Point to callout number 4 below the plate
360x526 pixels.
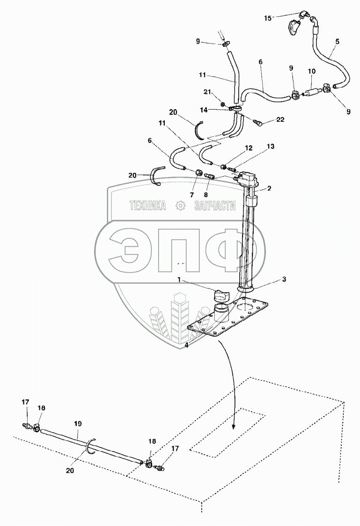click(x=187, y=346)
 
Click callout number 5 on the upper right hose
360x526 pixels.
click(x=337, y=41)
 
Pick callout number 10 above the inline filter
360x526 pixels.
click(x=312, y=71)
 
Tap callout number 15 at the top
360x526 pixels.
click(x=268, y=18)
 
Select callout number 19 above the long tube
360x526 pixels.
click(x=78, y=423)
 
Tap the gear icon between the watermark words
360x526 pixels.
click(x=180, y=205)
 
